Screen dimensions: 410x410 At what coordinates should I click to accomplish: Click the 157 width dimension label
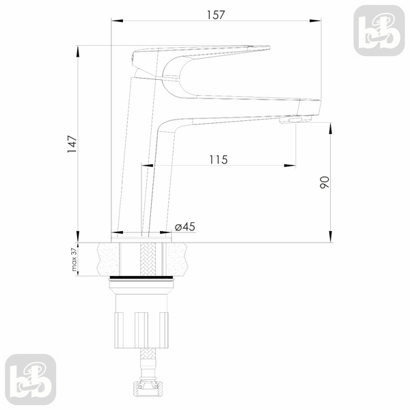(216, 15)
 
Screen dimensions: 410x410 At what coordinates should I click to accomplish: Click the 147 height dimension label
(72, 144)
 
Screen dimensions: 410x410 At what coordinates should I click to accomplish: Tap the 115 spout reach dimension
(219, 159)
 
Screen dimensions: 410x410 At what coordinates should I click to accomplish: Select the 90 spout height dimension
(325, 182)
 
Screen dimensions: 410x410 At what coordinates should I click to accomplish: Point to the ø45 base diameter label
(185, 227)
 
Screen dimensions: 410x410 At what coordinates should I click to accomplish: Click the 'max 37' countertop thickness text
(74, 260)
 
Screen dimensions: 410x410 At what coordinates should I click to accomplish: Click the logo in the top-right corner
(379, 31)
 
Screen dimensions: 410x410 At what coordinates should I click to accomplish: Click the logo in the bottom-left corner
(31, 379)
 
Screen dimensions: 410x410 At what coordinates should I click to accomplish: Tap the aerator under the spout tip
(295, 120)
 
